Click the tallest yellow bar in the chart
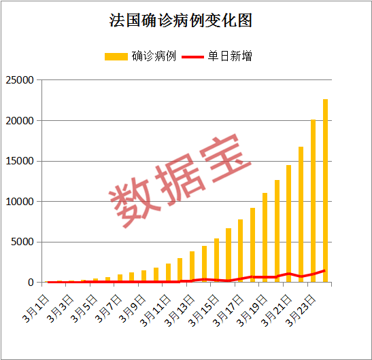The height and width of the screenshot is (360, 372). [325, 190]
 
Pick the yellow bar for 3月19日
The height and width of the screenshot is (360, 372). [265, 238]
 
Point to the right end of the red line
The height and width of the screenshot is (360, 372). [325, 270]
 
